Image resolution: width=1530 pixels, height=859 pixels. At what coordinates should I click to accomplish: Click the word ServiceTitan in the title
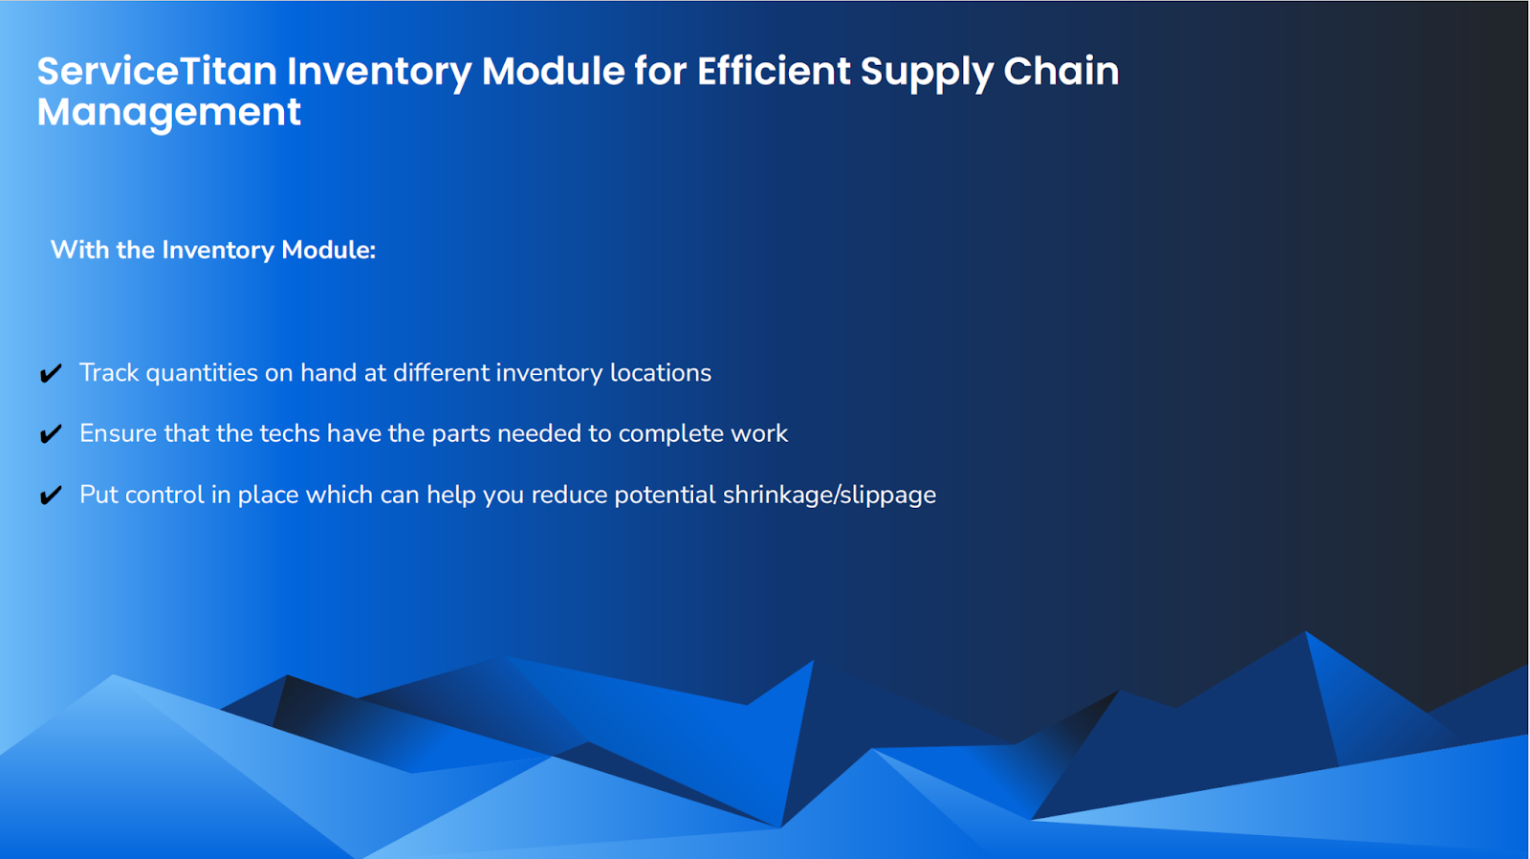[x=157, y=72]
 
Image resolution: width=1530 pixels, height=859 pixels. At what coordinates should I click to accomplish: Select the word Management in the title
[x=169, y=113]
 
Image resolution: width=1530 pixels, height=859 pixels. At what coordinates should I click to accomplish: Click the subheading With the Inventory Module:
[x=212, y=250]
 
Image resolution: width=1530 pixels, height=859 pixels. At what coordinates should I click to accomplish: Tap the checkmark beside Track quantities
[x=51, y=373]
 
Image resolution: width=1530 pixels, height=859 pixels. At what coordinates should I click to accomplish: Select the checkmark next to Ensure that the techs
[x=51, y=434]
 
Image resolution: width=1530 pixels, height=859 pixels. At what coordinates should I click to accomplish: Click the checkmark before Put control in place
[x=51, y=496]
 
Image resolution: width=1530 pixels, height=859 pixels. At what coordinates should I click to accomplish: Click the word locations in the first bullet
[x=660, y=373]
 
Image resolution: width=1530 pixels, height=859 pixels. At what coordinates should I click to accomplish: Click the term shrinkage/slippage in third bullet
[x=829, y=496]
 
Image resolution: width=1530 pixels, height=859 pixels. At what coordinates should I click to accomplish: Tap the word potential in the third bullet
[x=665, y=496]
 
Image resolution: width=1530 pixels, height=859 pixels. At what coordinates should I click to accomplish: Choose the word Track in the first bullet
[x=109, y=373]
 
